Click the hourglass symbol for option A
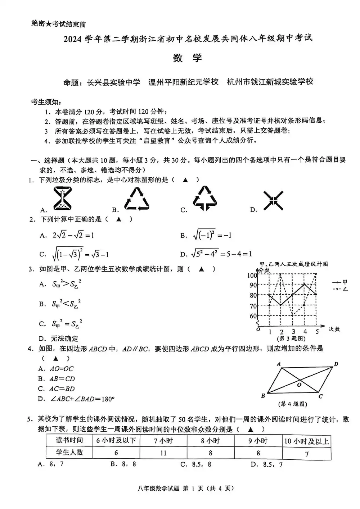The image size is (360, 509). point(62,199)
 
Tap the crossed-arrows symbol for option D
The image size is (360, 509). point(273,200)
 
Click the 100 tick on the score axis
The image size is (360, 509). point(252,275)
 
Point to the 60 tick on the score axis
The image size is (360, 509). point(253,316)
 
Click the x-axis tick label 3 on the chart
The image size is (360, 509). point(293,332)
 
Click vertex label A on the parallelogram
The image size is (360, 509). point(279,364)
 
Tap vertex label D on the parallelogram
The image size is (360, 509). point(336,364)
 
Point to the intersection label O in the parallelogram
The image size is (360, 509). point(299,385)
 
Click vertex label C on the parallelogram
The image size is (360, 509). point(320,396)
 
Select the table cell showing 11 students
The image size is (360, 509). point(163,453)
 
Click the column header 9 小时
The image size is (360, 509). point(258,441)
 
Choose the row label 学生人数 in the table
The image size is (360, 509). point(69,453)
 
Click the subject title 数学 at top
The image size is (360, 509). point(187,58)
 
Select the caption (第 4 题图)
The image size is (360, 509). point(293,404)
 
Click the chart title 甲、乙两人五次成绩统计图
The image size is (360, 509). point(294,264)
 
